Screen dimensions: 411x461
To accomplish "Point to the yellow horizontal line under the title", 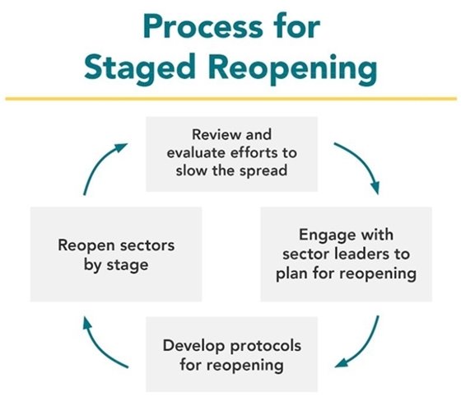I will (x=230, y=99).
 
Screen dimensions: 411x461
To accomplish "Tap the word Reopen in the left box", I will (x=86, y=244).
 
